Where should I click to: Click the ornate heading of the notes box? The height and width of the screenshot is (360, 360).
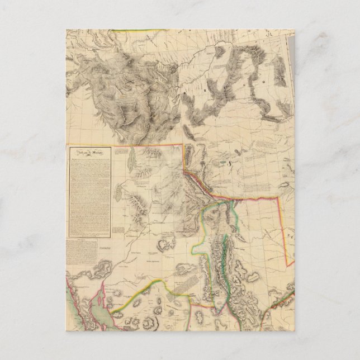[88, 153]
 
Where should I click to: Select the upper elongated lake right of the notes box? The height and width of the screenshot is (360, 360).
[132, 163]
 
